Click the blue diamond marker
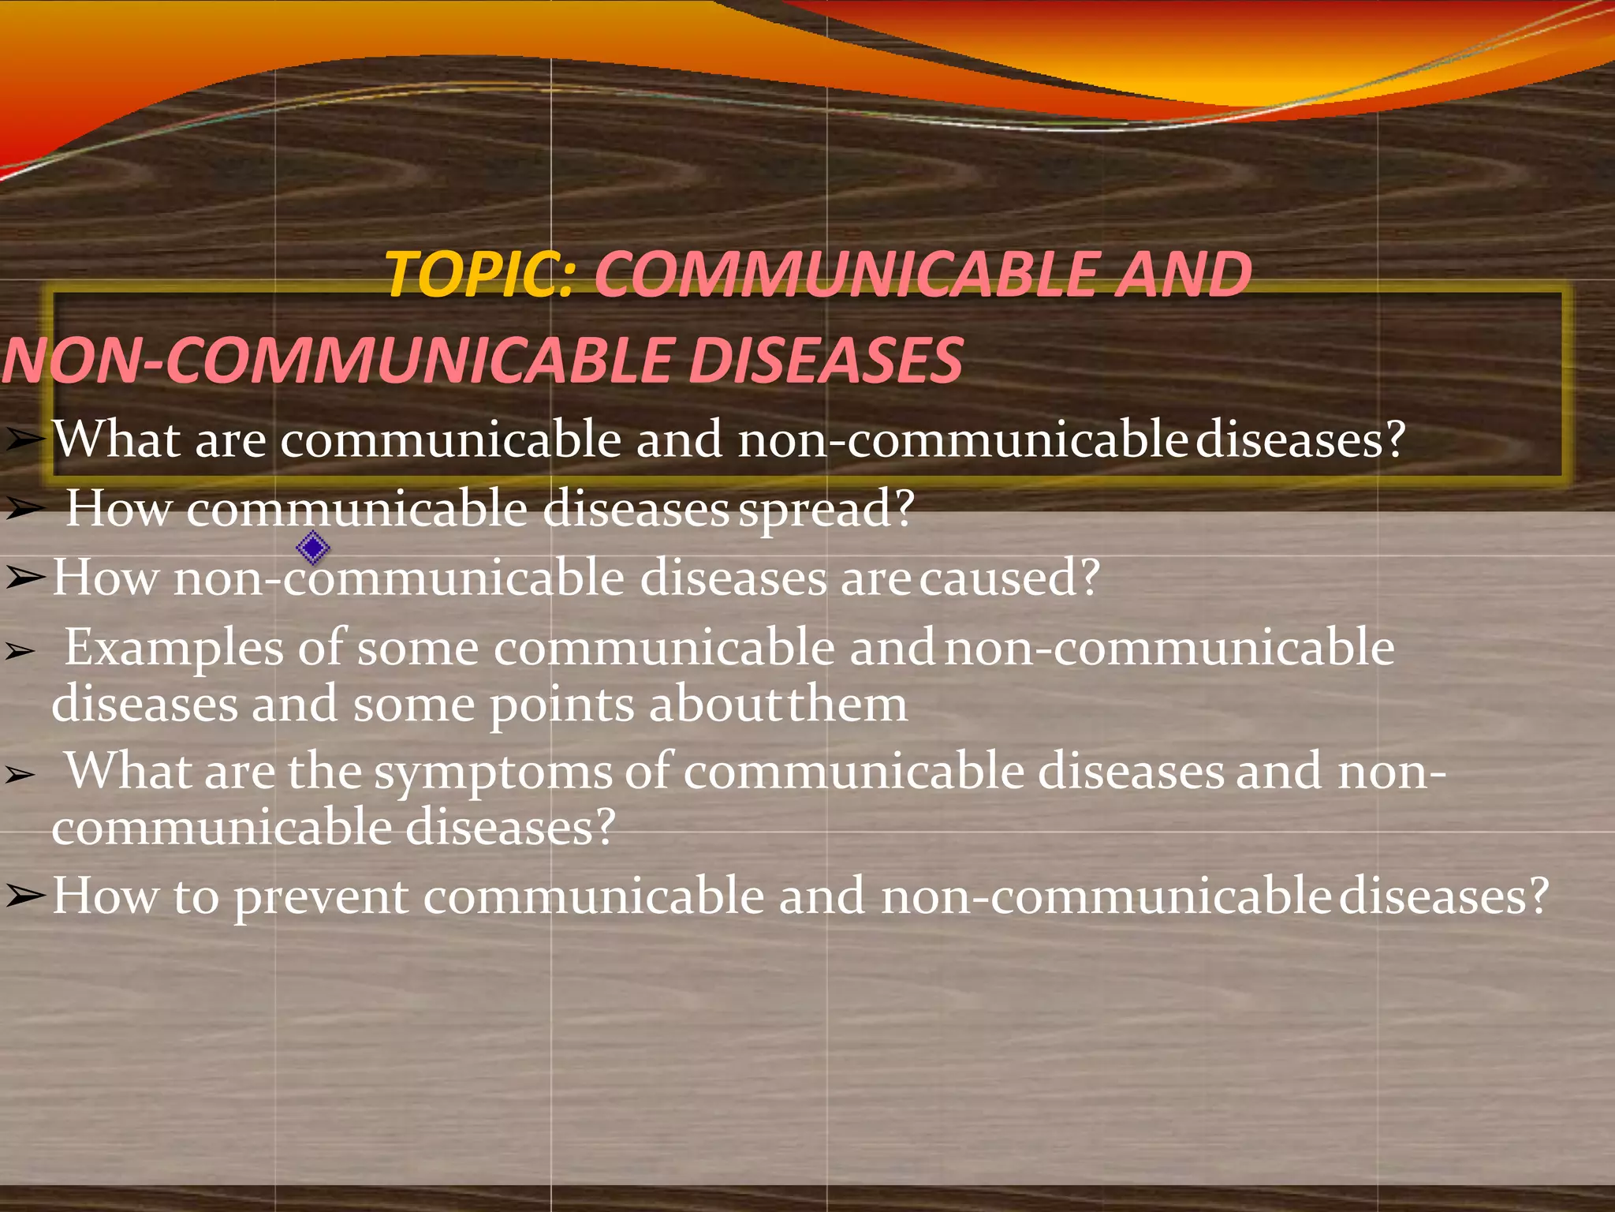click(313, 548)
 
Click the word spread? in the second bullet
click(826, 509)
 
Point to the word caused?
click(1009, 578)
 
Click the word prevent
click(321, 898)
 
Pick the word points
click(561, 705)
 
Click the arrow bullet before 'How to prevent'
click(25, 896)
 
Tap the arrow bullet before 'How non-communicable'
click(25, 578)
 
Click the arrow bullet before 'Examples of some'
click(21, 652)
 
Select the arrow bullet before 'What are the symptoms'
click(21, 776)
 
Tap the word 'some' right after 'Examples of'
click(418, 649)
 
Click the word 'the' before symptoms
click(324, 772)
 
